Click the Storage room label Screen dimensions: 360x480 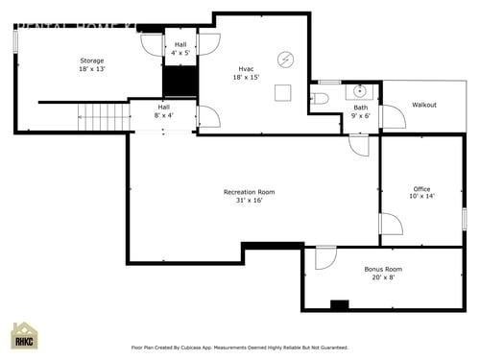[x=92, y=60]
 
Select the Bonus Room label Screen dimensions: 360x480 [x=383, y=269]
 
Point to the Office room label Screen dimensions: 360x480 [x=421, y=188]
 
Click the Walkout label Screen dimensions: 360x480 [x=423, y=105]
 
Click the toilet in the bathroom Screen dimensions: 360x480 [x=321, y=98]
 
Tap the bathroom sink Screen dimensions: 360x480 [x=360, y=92]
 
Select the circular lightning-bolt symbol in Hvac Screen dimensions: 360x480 [x=284, y=60]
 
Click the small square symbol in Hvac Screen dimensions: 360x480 [x=282, y=92]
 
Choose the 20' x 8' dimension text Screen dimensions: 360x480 [x=383, y=277]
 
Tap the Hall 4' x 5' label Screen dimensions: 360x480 [x=180, y=48]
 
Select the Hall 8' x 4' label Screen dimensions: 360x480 [x=164, y=110]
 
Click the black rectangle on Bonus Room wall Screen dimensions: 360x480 [x=339, y=305]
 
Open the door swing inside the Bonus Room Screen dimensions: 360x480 [x=325, y=257]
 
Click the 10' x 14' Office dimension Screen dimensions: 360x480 [x=421, y=196]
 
